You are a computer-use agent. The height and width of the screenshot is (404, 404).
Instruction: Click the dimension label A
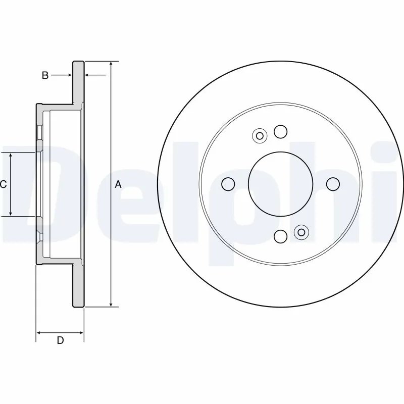click(118, 184)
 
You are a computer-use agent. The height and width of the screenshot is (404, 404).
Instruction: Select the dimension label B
click(45, 75)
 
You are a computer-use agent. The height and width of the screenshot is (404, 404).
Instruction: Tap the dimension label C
click(3, 184)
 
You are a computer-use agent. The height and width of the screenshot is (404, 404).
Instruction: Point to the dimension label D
click(60, 340)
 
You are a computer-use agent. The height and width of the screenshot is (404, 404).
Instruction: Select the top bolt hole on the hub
click(281, 132)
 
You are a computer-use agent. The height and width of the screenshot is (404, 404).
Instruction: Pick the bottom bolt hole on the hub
click(281, 236)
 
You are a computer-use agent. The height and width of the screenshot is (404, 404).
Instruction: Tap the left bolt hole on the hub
click(228, 184)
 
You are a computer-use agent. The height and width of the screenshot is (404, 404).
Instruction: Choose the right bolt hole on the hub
click(333, 184)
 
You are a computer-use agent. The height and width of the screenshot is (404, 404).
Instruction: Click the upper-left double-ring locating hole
click(260, 135)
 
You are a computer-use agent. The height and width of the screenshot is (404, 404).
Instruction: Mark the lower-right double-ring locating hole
click(301, 232)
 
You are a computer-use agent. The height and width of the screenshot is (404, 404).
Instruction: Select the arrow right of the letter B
click(69, 75)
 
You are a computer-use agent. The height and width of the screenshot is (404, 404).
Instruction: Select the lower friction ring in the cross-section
click(78, 285)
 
